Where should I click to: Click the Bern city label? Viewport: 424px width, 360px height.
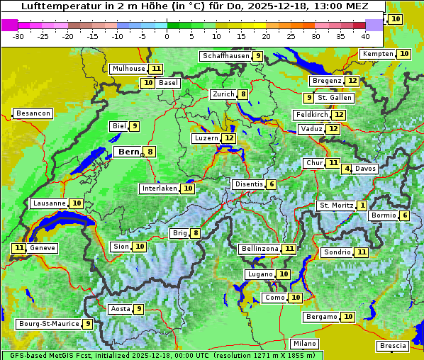(x=128, y=152)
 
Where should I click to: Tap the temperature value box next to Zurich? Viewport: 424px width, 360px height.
(x=243, y=94)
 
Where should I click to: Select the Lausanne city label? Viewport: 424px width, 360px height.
(x=49, y=203)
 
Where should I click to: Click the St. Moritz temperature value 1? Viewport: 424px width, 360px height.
(x=362, y=206)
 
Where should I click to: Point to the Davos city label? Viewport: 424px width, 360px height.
(x=365, y=169)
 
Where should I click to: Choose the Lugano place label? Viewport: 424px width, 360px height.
(x=258, y=274)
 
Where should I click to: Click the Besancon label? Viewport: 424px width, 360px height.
(x=33, y=113)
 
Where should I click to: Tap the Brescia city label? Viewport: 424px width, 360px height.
(x=393, y=346)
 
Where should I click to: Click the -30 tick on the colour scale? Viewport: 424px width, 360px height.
(x=18, y=36)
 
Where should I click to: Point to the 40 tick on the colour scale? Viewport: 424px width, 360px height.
(x=365, y=36)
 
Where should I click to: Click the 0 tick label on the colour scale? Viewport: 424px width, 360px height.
(x=167, y=36)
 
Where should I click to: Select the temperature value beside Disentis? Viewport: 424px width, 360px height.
(x=272, y=184)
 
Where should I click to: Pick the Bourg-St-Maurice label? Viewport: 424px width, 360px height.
(x=48, y=324)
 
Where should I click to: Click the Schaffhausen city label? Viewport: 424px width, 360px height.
(x=225, y=56)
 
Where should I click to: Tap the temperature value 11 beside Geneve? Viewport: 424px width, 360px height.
(x=18, y=248)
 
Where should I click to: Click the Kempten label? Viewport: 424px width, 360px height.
(x=378, y=54)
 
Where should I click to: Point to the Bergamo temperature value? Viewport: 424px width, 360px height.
(x=347, y=317)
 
